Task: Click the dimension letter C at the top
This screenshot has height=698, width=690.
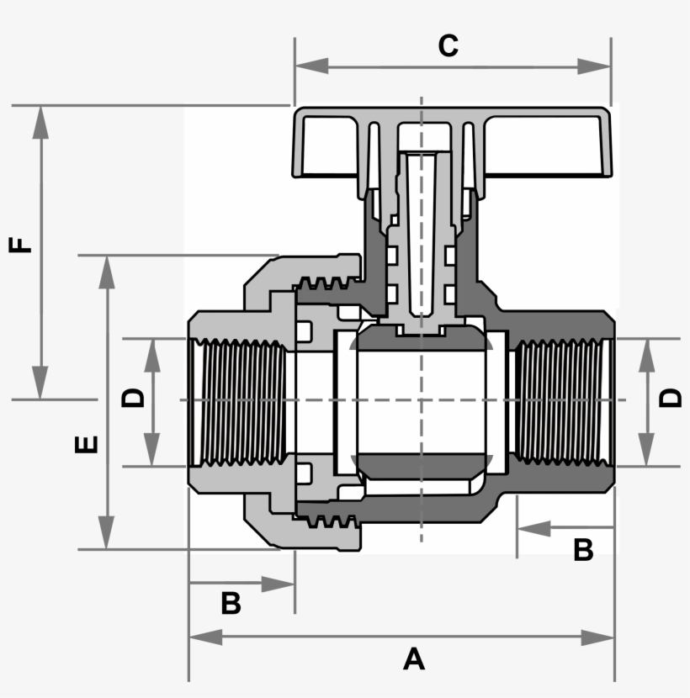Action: (448, 45)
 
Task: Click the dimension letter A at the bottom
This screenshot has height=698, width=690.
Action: (413, 658)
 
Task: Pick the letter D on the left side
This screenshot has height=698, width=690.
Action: (134, 397)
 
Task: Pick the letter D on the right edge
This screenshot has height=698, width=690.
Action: (671, 397)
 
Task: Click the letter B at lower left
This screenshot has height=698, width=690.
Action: (231, 603)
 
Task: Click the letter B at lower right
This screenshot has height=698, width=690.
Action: (583, 550)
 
